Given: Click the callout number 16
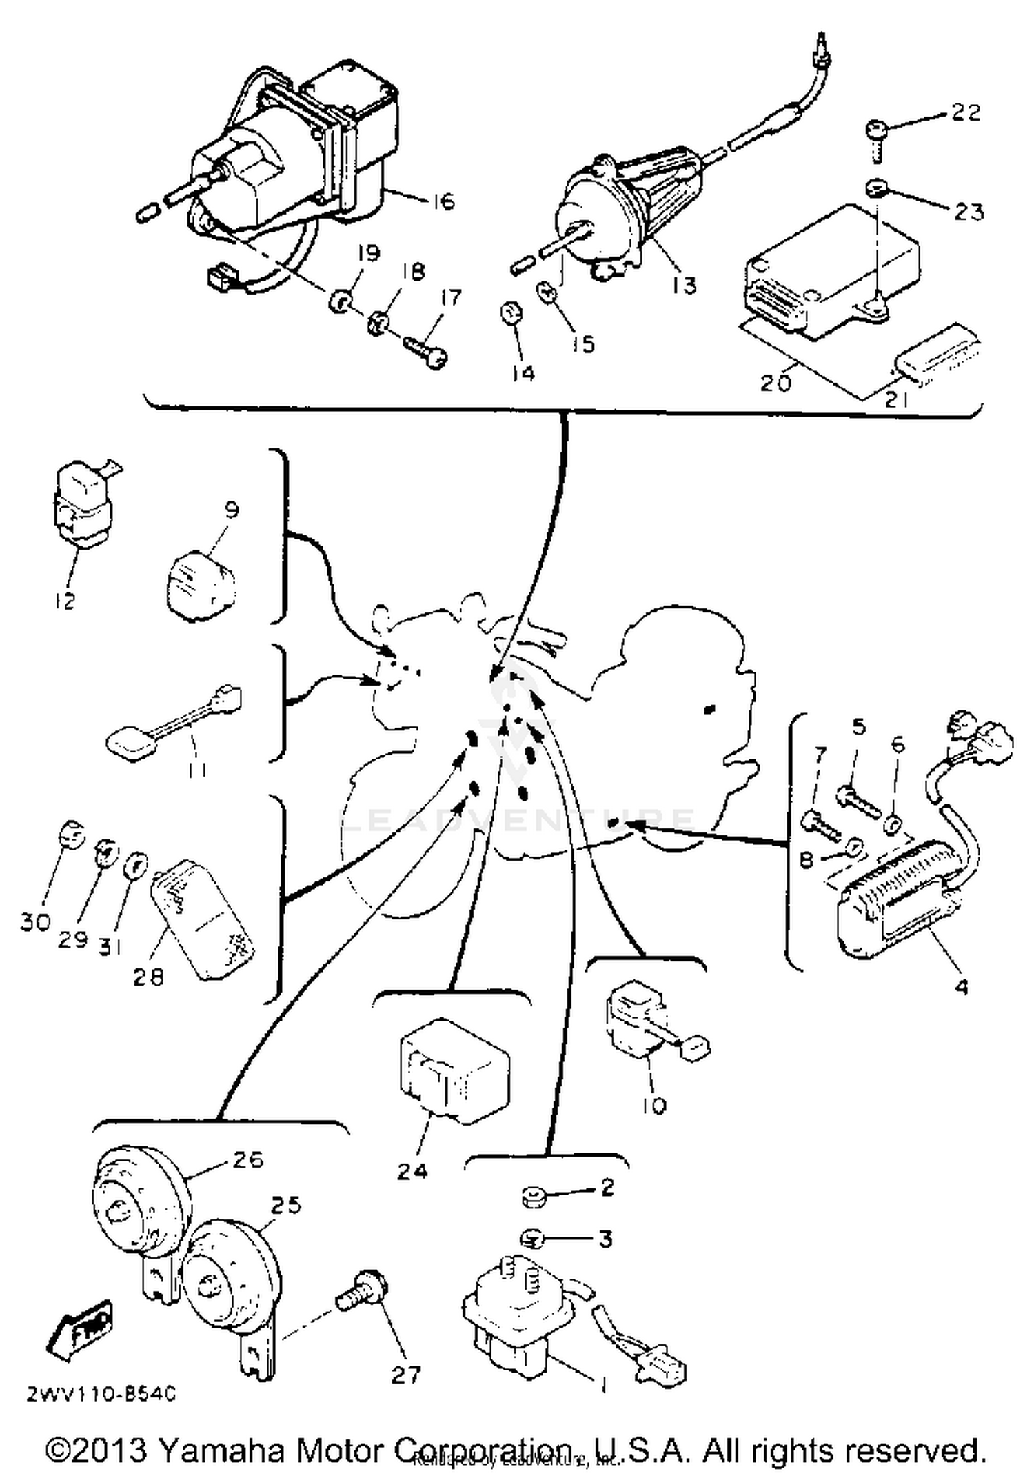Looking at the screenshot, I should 445,201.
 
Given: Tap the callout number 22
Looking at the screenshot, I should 965,112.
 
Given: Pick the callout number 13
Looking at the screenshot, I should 684,285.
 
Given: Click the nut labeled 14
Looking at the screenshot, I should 511,314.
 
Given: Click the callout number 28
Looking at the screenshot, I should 148,977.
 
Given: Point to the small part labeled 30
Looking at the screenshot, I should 70,837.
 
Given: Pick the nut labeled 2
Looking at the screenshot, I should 534,1197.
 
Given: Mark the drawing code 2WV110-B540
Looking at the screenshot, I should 101,1395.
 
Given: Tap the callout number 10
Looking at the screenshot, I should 653,1106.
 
